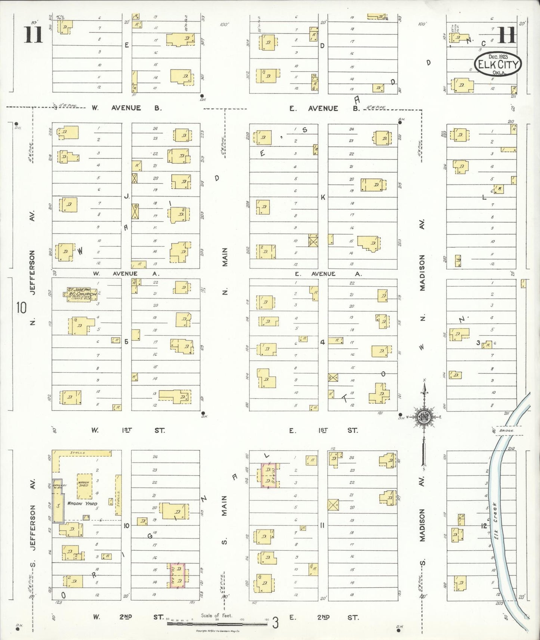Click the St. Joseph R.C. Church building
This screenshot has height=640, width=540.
coord(79,294)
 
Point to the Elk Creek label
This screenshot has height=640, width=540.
coord(496,525)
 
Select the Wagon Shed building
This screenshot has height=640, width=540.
coord(84,486)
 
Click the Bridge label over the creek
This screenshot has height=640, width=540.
coord(506,431)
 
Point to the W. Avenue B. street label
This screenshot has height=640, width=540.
coord(127,108)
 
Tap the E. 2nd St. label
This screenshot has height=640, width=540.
coord(324,617)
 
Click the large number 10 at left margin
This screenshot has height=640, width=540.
coord(21,308)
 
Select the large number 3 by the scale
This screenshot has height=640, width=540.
coord(275,623)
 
